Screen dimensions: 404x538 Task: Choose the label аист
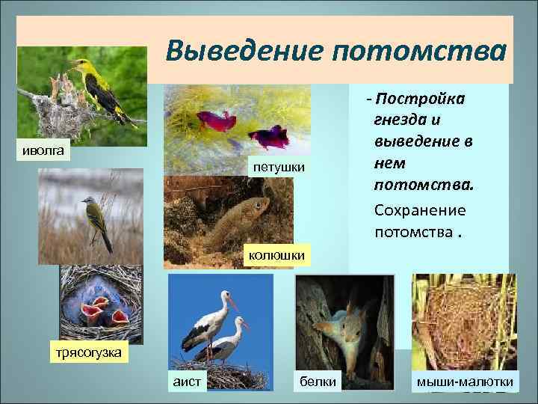[x=186, y=382]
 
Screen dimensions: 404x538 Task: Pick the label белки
[x=318, y=382]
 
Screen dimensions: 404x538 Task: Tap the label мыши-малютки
[x=465, y=382]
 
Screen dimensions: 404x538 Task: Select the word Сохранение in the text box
[x=420, y=210]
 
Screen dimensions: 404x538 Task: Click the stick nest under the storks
[x=217, y=371]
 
